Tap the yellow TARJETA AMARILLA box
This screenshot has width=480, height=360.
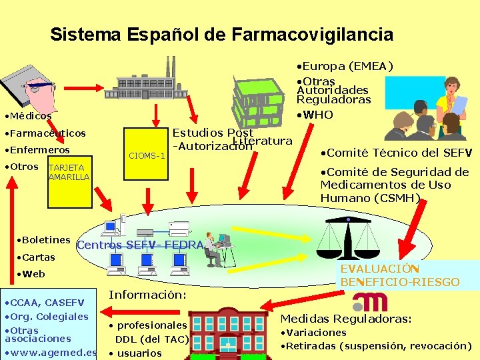(69, 172)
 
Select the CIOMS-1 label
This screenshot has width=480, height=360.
(147, 156)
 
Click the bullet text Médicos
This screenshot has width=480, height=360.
(29, 116)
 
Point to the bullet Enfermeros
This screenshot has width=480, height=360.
(39, 150)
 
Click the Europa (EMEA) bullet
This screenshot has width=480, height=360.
(345, 66)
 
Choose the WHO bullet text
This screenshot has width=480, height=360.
(317, 115)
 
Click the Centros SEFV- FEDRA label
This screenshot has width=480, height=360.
(140, 245)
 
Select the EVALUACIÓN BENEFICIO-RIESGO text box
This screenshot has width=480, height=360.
(399, 275)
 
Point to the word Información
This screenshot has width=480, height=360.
(147, 294)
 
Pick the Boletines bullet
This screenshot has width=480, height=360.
(45, 240)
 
